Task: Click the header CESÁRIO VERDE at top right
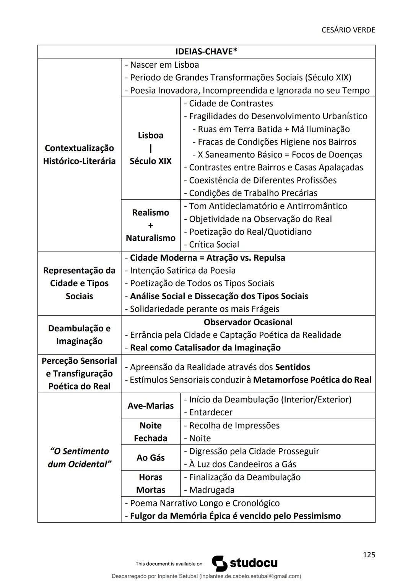click(x=348, y=30)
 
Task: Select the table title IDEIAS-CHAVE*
click(x=206, y=52)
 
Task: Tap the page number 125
click(x=369, y=555)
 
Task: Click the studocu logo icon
click(x=220, y=563)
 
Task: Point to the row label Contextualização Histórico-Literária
click(x=79, y=154)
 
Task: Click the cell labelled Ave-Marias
click(x=150, y=406)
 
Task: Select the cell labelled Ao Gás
click(x=150, y=457)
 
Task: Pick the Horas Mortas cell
click(x=150, y=483)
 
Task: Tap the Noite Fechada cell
click(x=150, y=432)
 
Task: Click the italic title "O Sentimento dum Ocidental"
click(x=79, y=457)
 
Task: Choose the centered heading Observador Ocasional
click(x=248, y=322)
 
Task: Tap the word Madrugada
click(x=211, y=490)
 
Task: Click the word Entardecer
click(x=211, y=412)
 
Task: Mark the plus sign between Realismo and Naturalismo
click(x=150, y=225)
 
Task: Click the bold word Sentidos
click(x=293, y=367)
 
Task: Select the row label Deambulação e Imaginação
click(x=79, y=335)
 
